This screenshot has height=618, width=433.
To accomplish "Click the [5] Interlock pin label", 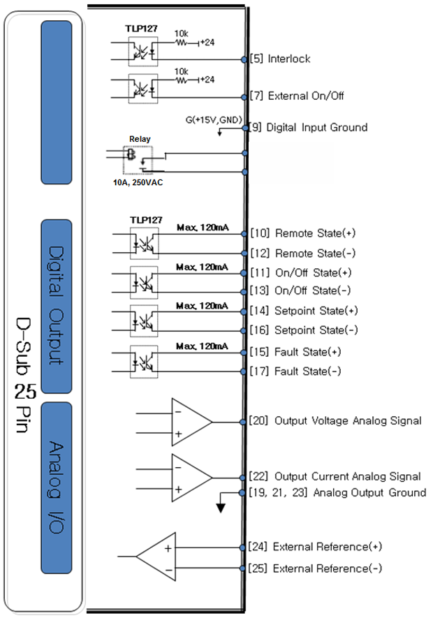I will click(x=279, y=59).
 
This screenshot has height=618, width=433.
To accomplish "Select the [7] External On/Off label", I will click(x=296, y=96).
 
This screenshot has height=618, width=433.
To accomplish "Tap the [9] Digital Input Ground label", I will click(x=308, y=128).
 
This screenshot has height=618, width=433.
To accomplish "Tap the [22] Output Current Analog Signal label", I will click(x=335, y=476).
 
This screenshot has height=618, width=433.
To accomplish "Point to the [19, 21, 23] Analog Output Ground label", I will click(x=337, y=492).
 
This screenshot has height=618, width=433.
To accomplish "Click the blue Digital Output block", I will click(x=66, y=306).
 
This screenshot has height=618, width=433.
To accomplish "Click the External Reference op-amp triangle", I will click(x=156, y=557).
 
